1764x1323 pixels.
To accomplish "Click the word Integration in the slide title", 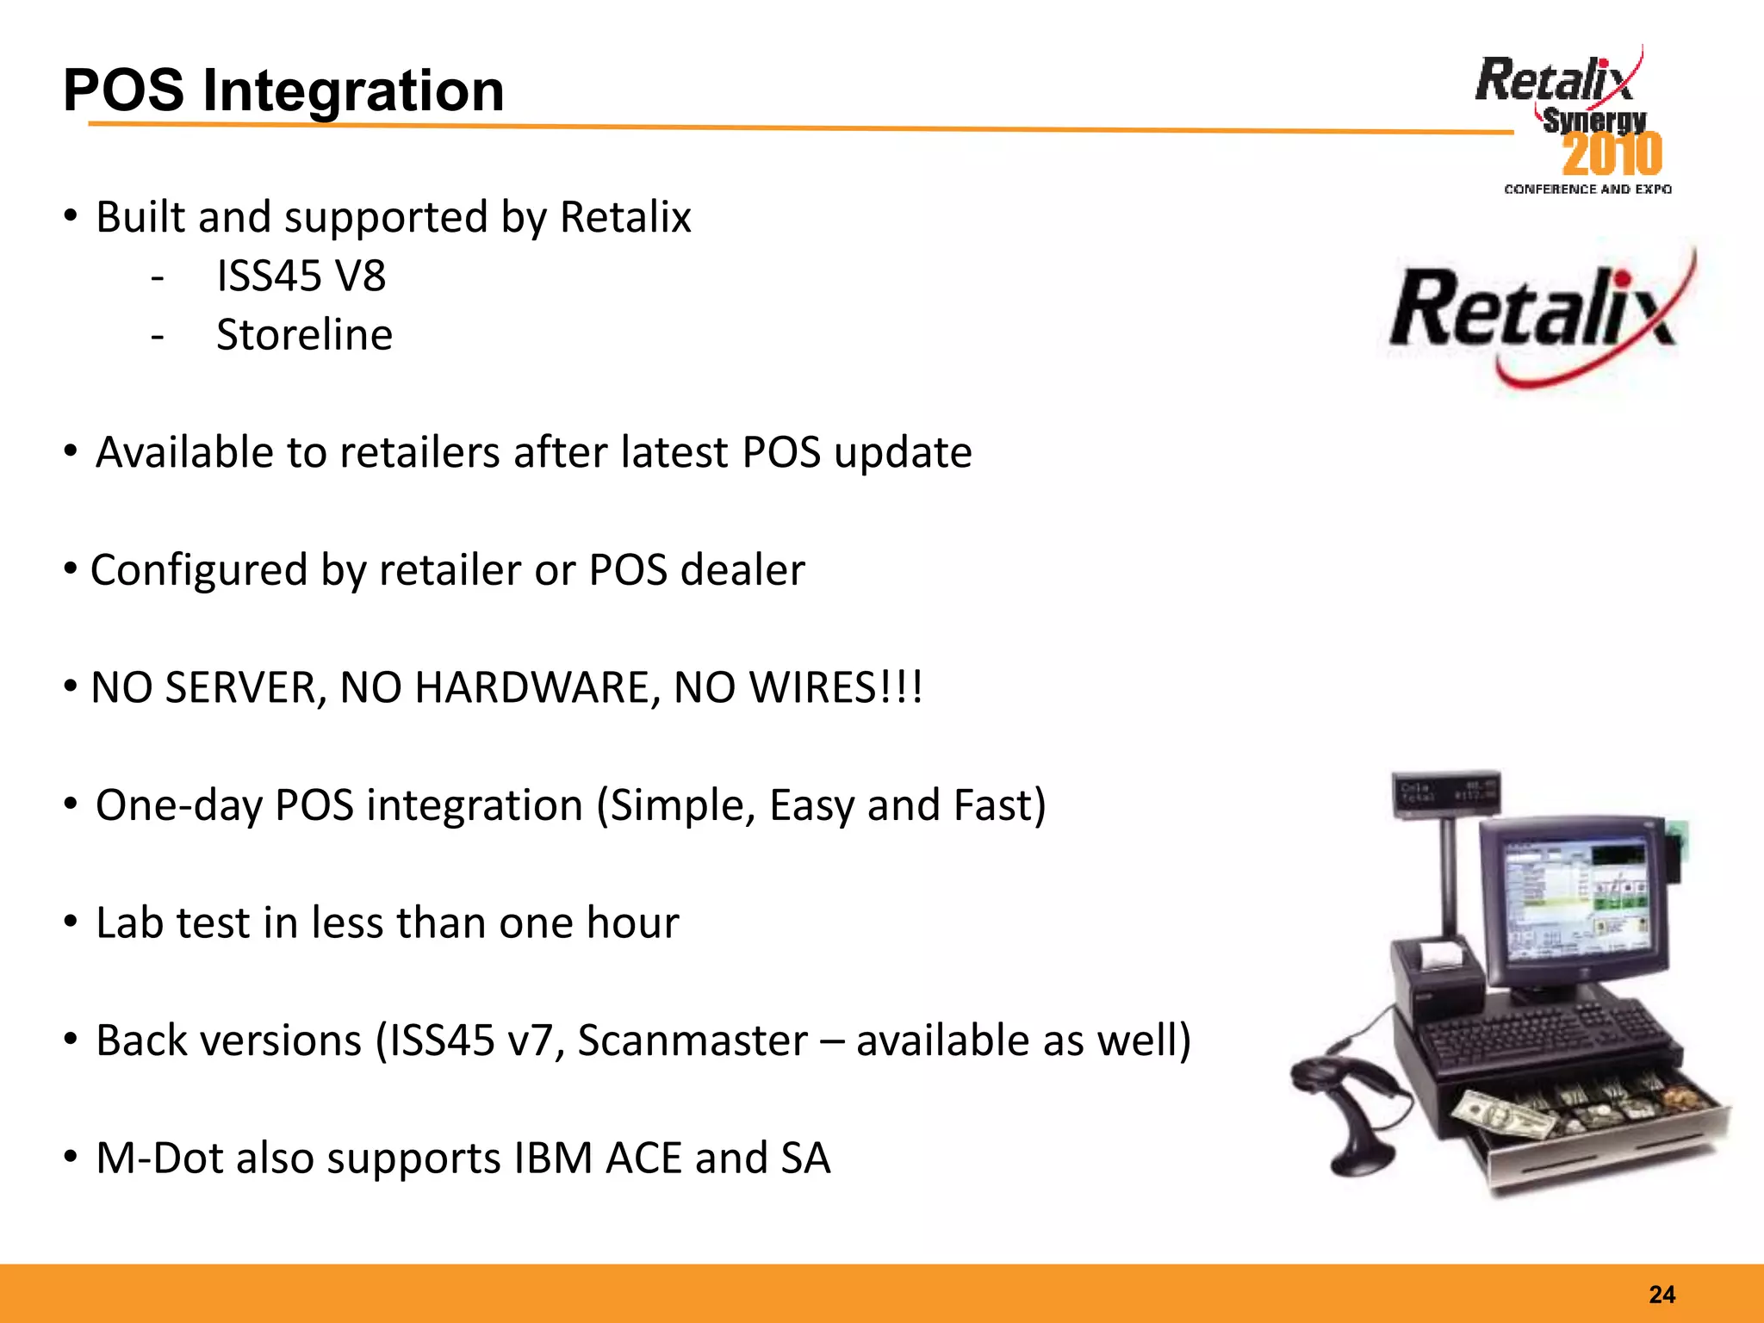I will (x=353, y=90).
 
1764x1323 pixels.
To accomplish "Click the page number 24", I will (x=1662, y=1295).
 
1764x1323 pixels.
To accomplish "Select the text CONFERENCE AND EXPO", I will (x=1587, y=189).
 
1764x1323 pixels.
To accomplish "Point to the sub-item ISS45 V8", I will (x=301, y=276).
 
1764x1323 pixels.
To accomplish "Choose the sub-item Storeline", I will (x=304, y=335).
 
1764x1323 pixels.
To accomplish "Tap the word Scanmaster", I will (x=693, y=1040).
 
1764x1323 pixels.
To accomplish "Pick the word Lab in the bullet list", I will (x=129, y=923).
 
